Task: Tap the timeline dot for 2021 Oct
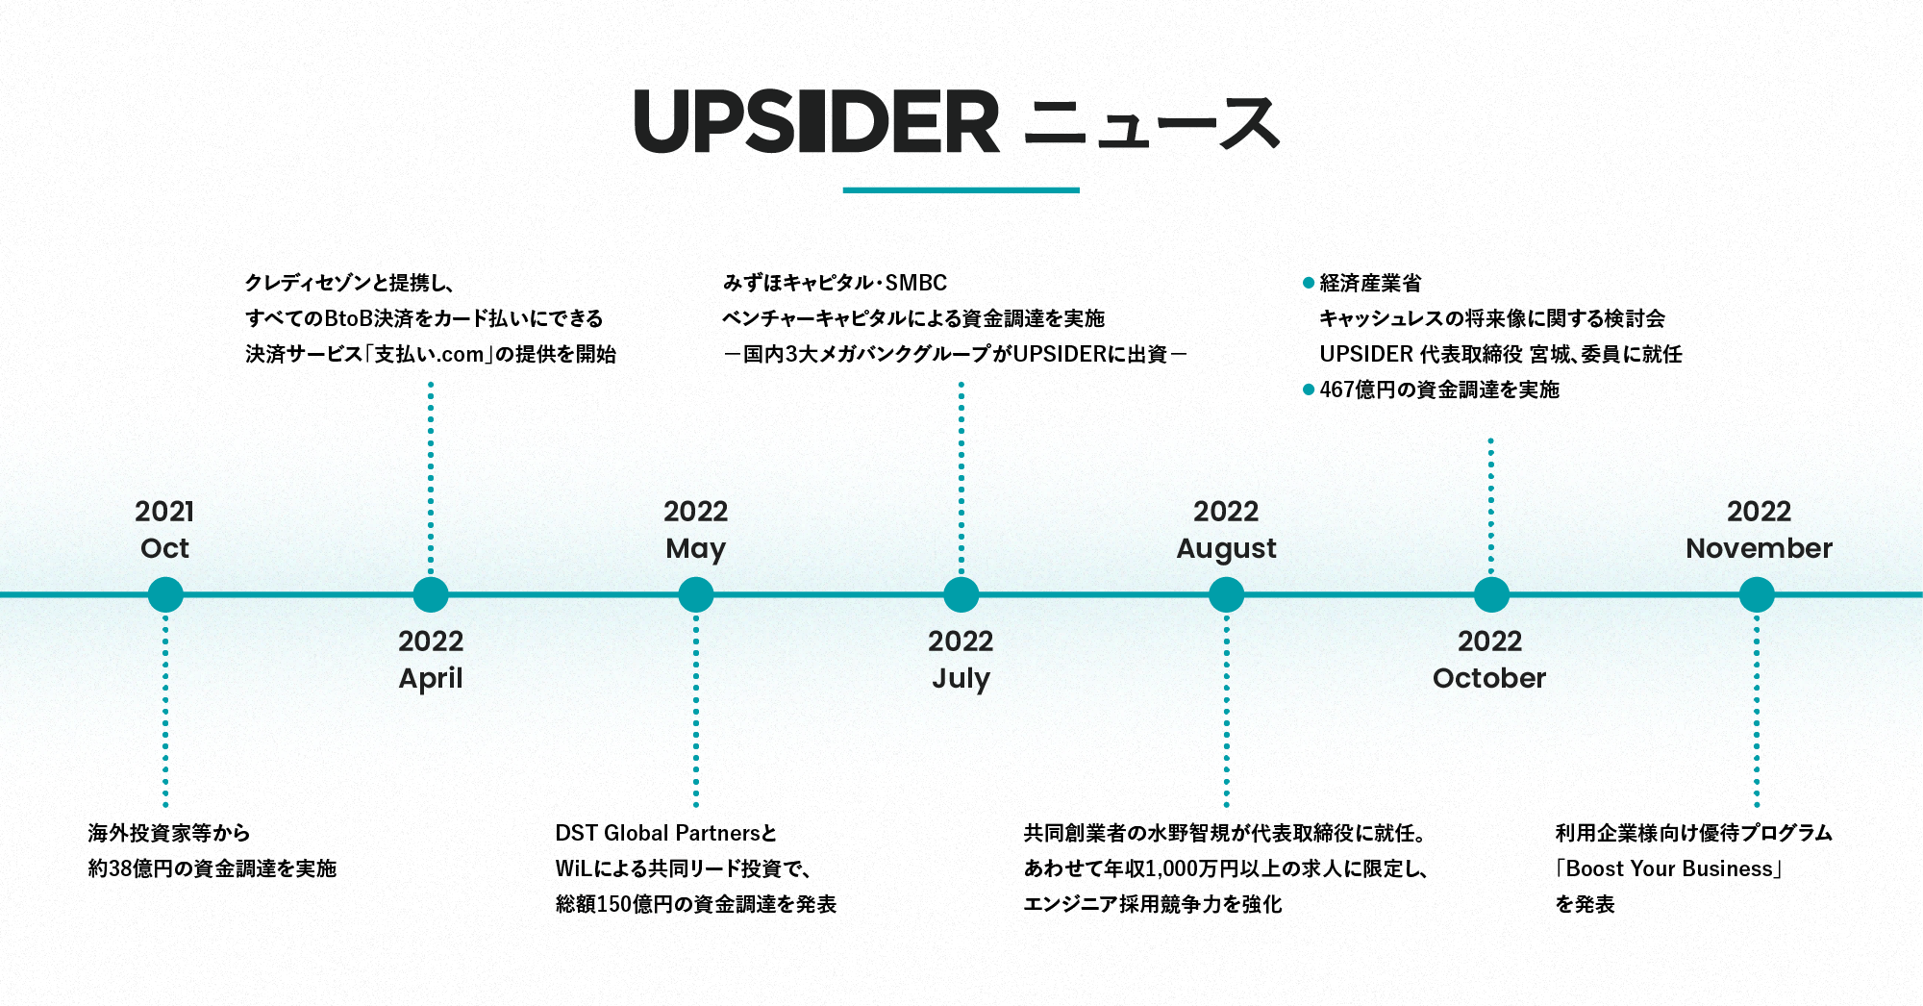pos(165,594)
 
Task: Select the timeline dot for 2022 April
pos(431,594)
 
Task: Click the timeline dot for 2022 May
pos(696,594)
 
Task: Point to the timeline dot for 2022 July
pos(961,594)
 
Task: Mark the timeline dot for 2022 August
pos(1226,594)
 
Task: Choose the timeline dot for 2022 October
pos(1491,594)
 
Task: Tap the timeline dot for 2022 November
pos(1757,594)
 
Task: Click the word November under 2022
pos(1759,548)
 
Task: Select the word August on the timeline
pos(1226,549)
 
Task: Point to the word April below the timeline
pos(431,679)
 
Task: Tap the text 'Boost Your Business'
pos(1669,868)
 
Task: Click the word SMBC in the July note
pos(915,283)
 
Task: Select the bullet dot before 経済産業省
pos(1308,283)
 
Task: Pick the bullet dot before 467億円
pos(1308,390)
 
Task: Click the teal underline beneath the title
pos(961,190)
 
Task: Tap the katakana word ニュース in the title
pos(1152,124)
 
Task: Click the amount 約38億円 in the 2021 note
pos(130,868)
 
